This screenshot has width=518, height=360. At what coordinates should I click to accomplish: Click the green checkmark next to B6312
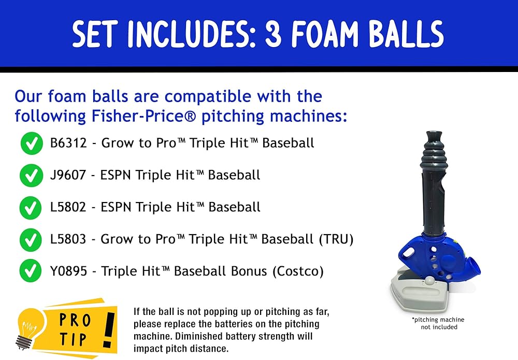click(32, 143)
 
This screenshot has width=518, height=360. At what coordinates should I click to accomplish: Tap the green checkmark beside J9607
click(32, 176)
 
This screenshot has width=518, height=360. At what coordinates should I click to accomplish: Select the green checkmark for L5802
click(31, 208)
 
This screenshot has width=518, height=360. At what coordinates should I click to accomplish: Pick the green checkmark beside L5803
click(31, 240)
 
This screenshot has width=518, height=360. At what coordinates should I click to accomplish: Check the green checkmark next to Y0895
click(31, 271)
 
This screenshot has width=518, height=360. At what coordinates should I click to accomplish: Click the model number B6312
click(68, 143)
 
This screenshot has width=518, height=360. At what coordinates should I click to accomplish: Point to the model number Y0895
click(69, 271)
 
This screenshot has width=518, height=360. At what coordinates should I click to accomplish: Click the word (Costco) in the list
click(298, 271)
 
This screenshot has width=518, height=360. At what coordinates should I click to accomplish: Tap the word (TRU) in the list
click(336, 239)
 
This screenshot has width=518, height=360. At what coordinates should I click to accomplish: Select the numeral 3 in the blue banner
click(273, 33)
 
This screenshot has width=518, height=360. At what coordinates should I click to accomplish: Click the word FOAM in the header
click(325, 33)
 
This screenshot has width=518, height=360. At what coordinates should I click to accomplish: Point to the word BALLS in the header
click(407, 33)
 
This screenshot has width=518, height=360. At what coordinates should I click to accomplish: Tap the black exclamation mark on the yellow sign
click(109, 330)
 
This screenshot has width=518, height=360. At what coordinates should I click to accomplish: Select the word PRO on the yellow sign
click(75, 320)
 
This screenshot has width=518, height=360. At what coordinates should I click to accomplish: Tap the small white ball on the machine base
click(430, 281)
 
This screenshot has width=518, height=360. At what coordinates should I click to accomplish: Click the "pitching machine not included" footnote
click(439, 323)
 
